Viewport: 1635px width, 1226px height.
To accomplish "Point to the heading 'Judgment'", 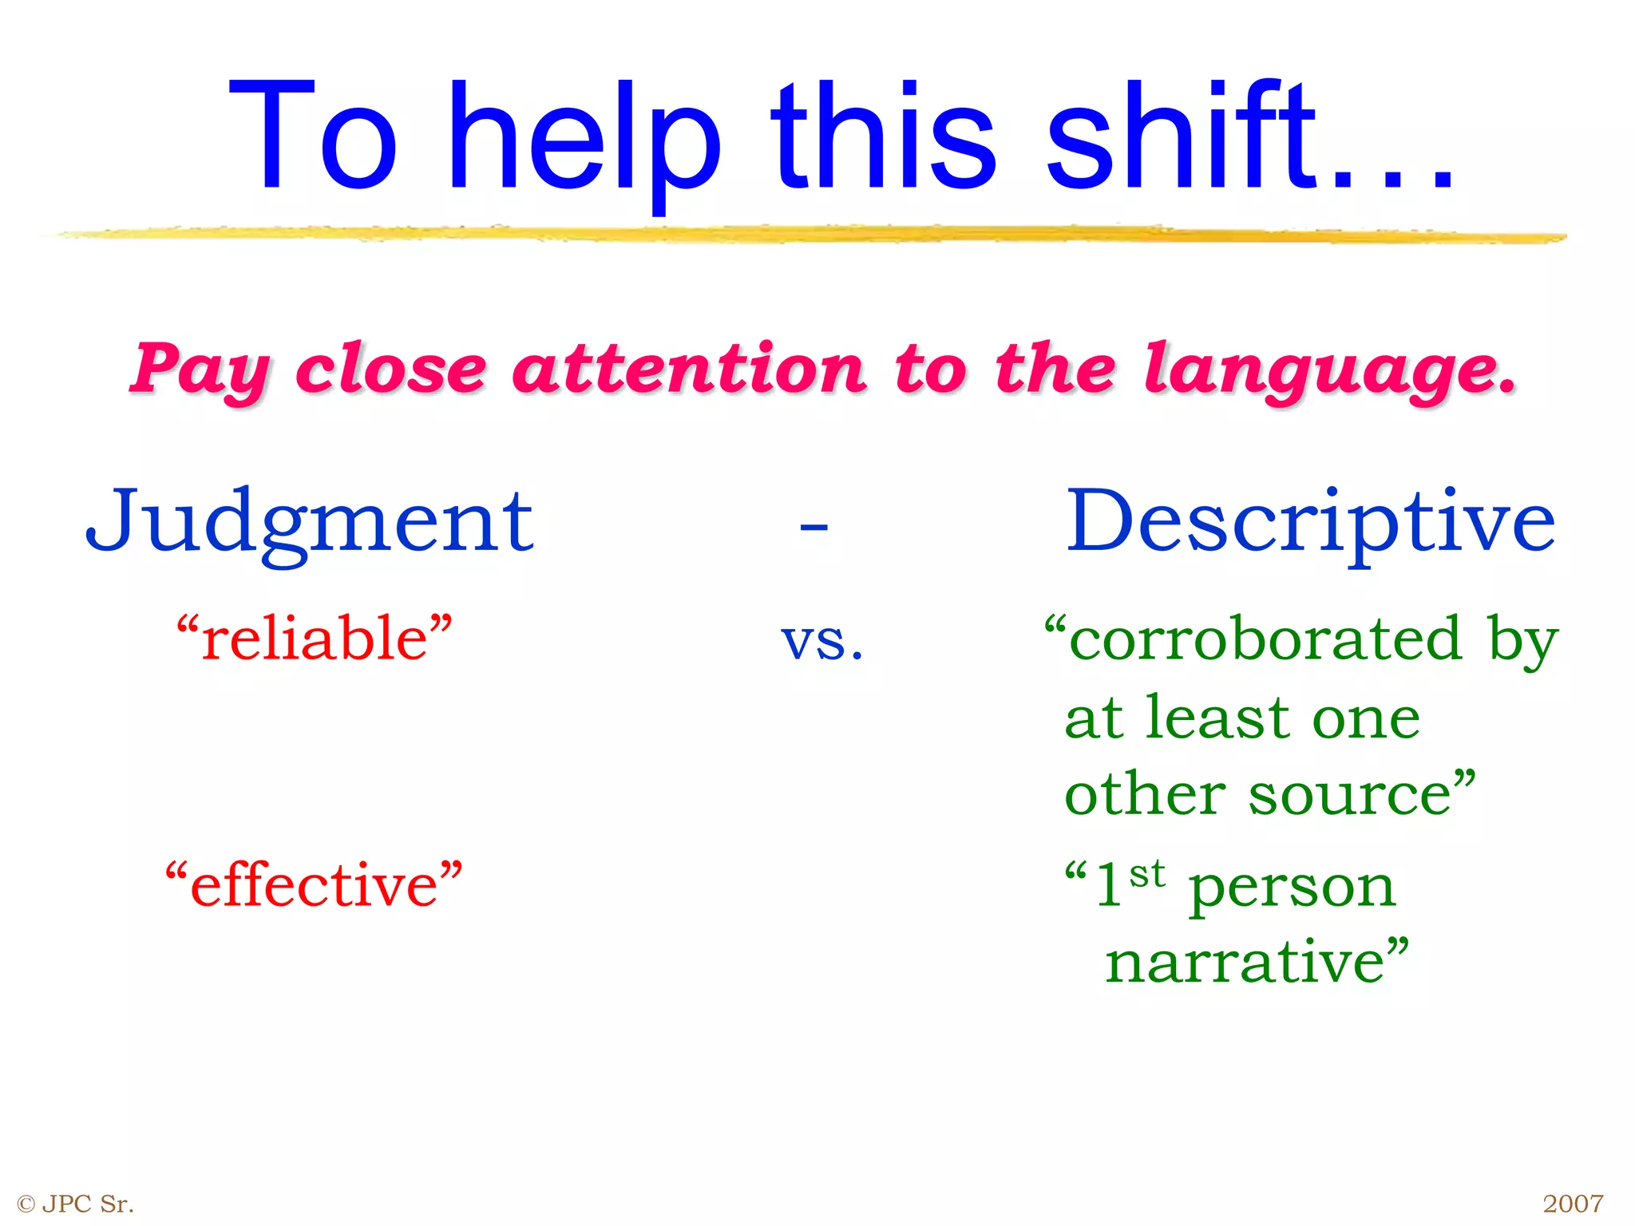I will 310,523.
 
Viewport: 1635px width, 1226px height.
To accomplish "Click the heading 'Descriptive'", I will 1311,523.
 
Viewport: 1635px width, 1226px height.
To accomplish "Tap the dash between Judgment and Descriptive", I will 814,527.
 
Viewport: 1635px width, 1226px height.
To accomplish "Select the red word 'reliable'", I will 315,639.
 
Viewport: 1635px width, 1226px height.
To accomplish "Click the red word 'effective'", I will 314,886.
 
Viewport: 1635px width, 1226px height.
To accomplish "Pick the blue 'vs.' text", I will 822,640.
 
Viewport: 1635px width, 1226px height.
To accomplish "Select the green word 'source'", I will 1349,795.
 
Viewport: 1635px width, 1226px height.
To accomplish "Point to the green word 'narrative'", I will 1245,962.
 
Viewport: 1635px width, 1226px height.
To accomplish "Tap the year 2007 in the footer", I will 1573,1204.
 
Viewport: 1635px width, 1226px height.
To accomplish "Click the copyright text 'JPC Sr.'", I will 88,1204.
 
